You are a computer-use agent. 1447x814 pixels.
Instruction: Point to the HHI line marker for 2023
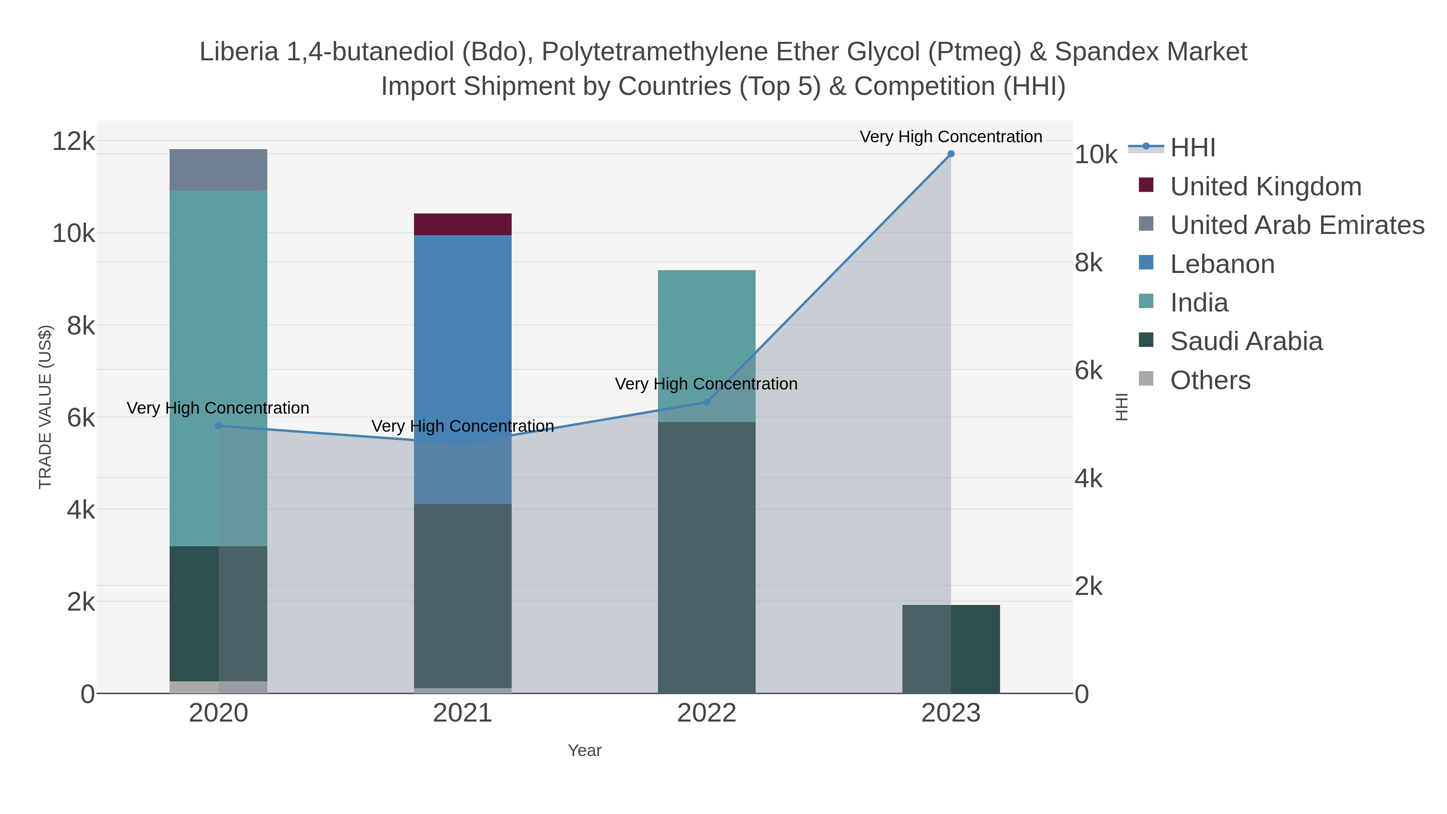pyautogui.click(x=951, y=154)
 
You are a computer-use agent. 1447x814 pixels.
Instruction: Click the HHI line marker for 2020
pyautogui.click(x=219, y=426)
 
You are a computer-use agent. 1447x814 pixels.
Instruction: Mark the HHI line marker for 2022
pyautogui.click(x=707, y=402)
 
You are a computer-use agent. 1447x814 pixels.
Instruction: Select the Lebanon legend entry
pyautogui.click(x=1222, y=264)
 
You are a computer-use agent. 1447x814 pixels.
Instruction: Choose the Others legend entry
pyautogui.click(x=1210, y=380)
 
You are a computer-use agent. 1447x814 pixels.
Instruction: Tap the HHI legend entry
pyautogui.click(x=1193, y=148)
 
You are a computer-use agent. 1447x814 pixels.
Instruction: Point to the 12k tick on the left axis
pyautogui.click(x=74, y=141)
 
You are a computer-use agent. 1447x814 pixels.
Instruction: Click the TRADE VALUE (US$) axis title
pyautogui.click(x=45, y=407)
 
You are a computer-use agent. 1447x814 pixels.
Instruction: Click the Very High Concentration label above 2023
pyautogui.click(x=951, y=137)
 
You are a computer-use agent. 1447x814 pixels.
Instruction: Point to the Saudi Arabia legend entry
pyautogui.click(x=1246, y=342)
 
